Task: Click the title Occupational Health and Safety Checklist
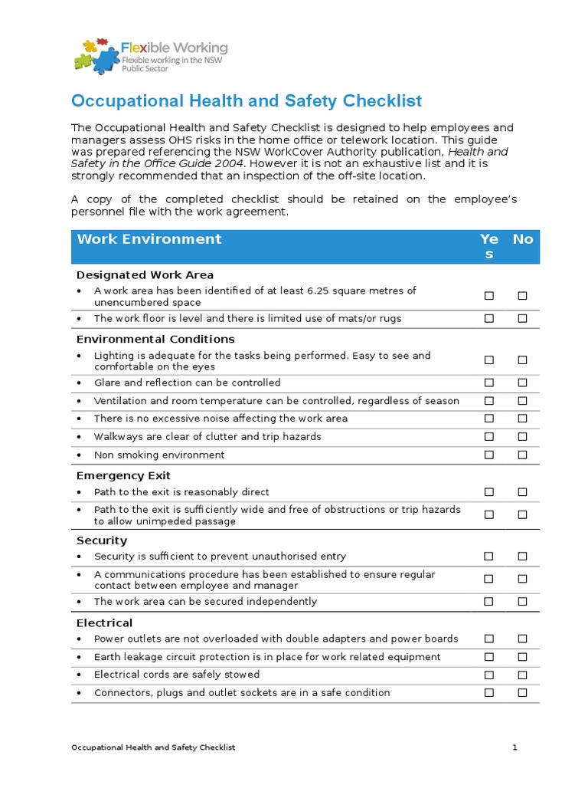(x=246, y=101)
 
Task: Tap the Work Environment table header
(x=149, y=239)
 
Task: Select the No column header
(x=523, y=239)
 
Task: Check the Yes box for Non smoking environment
(x=489, y=455)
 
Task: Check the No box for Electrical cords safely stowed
(x=523, y=675)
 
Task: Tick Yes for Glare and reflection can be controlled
(x=489, y=383)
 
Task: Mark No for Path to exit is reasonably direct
(x=523, y=492)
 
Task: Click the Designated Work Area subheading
(x=145, y=274)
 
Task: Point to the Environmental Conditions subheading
(x=155, y=339)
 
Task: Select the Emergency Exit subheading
(x=123, y=475)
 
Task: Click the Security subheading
(x=102, y=540)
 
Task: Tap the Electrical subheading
(x=104, y=622)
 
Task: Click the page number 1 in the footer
(x=515, y=747)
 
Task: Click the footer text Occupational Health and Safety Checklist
(x=153, y=747)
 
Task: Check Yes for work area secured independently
(x=489, y=602)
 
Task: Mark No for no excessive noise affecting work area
(x=523, y=419)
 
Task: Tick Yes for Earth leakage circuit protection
(x=489, y=657)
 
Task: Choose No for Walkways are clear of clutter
(x=523, y=437)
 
